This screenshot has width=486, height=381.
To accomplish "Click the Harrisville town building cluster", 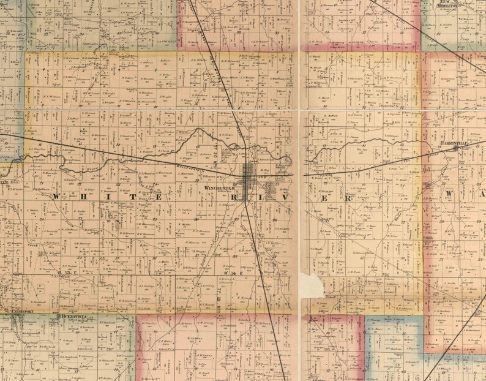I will (456, 148).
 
